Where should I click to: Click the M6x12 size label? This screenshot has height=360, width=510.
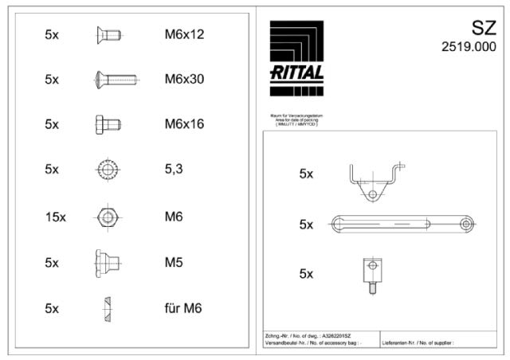(184, 35)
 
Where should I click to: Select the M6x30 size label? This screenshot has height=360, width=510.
(184, 80)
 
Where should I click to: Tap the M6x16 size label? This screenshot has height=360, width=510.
(184, 124)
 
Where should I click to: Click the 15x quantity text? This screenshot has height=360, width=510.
(55, 217)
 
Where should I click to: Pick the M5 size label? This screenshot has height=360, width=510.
(174, 262)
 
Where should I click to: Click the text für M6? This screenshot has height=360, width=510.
(183, 308)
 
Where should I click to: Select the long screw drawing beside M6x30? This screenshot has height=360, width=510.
(115, 80)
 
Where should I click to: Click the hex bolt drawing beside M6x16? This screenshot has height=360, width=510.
(107, 124)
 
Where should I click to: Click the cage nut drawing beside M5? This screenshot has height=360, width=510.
(106, 262)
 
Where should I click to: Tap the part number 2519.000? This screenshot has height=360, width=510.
(469, 47)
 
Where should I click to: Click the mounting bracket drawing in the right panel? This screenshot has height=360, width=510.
(373, 182)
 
